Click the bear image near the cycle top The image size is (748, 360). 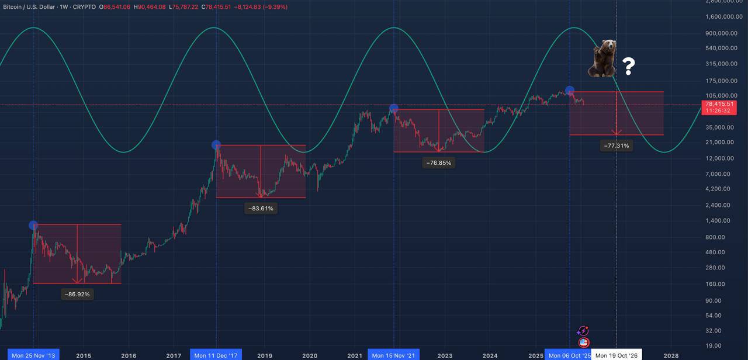602,59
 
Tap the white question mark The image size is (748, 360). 628,67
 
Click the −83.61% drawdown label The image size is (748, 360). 261,208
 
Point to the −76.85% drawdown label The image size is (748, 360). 438,163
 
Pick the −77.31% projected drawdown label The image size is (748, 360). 617,146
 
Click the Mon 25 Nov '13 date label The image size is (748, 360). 33,355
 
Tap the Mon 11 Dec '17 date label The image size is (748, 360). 216,355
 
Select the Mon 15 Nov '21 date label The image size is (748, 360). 393,355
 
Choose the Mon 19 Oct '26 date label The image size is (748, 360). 616,355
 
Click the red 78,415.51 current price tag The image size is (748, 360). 719,104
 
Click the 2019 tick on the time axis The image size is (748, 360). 265,355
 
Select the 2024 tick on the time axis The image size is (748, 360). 490,355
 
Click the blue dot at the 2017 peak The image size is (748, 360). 216,145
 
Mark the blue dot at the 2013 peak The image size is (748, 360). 33,225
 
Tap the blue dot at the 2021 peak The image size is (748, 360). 394,109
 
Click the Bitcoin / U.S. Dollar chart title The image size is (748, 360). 29,7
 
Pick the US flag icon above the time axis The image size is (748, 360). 583,342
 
